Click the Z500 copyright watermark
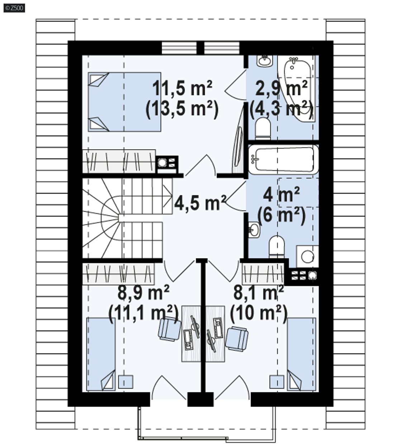pyautogui.click(x=14, y=8)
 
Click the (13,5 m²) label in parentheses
pyautogui.click(x=182, y=110)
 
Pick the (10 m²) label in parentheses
pyautogui.click(x=258, y=314)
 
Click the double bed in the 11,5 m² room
pyautogui.click(x=124, y=102)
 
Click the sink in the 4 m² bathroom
pyautogui.click(x=254, y=230)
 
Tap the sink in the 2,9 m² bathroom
pyautogui.click(x=265, y=61)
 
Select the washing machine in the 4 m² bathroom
pyautogui.click(x=307, y=257)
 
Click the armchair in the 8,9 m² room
pyautogui.click(x=169, y=329)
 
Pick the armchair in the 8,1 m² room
pyautogui.click(x=237, y=339)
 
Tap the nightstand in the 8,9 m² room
pyautogui.click(x=125, y=382)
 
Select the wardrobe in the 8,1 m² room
pyautogui.click(x=263, y=274)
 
